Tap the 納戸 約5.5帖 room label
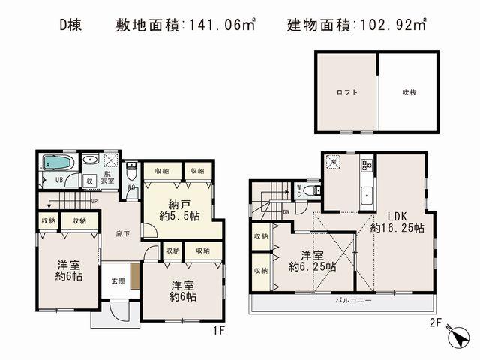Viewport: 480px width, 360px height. (179, 211)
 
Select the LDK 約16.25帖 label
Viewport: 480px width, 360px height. (397, 221)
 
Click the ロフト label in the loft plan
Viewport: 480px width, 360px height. (346, 92)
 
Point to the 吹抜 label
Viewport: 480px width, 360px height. (409, 92)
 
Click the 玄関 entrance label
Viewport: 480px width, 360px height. (119, 281)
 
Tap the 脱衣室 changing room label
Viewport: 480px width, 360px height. (108, 177)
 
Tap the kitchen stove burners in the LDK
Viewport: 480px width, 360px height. (367, 163)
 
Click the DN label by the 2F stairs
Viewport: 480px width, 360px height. (287, 211)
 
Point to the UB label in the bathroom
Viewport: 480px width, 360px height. (58, 181)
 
